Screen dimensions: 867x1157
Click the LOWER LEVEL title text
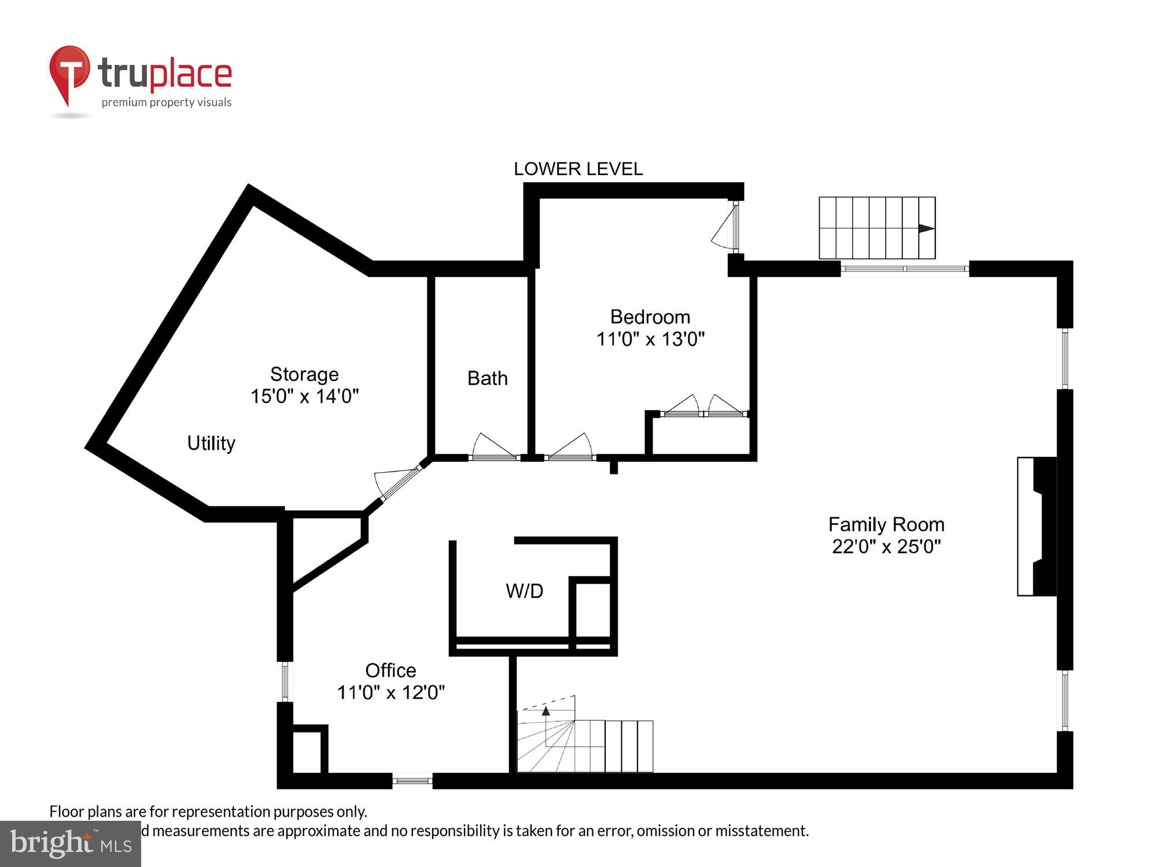[578, 169]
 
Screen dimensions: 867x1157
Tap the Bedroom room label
[650, 317]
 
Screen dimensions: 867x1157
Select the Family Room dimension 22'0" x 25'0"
[886, 546]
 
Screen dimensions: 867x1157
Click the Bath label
[487, 378]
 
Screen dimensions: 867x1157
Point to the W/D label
[524, 591]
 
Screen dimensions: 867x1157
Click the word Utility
[211, 443]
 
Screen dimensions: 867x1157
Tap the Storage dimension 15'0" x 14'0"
[304, 397]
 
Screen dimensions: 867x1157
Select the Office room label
[390, 670]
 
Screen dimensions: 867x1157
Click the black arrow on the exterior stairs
[926, 228]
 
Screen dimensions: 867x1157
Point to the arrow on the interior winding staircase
[546, 711]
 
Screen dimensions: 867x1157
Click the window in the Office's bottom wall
[412, 781]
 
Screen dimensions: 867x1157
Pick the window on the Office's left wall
[285, 682]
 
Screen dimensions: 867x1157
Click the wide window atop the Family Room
[904, 269]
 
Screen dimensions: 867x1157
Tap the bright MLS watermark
[70, 844]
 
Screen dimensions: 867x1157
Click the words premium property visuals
[167, 103]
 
